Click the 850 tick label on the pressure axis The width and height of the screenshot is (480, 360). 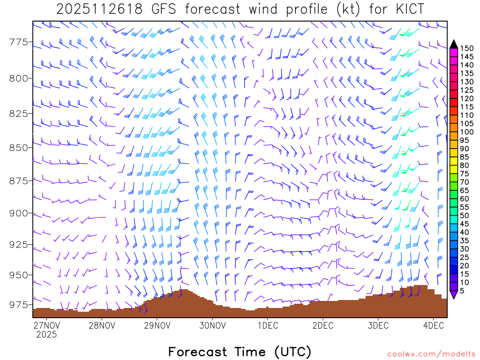tap(19, 148)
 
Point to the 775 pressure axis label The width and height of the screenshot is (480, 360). tap(19, 43)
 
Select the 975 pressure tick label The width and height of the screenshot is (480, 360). tap(19, 305)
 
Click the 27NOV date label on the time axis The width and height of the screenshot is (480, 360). tap(46, 325)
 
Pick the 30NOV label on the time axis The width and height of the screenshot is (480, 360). tap(212, 325)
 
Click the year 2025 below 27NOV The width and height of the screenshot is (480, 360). tap(46, 335)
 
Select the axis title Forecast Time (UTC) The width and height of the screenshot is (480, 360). tap(240, 352)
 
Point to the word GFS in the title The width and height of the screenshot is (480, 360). tap(162, 9)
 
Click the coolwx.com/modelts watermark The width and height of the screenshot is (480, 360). tap(431, 354)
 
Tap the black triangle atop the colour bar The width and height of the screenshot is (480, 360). tap(454, 44)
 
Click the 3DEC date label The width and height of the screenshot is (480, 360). tap(378, 325)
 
